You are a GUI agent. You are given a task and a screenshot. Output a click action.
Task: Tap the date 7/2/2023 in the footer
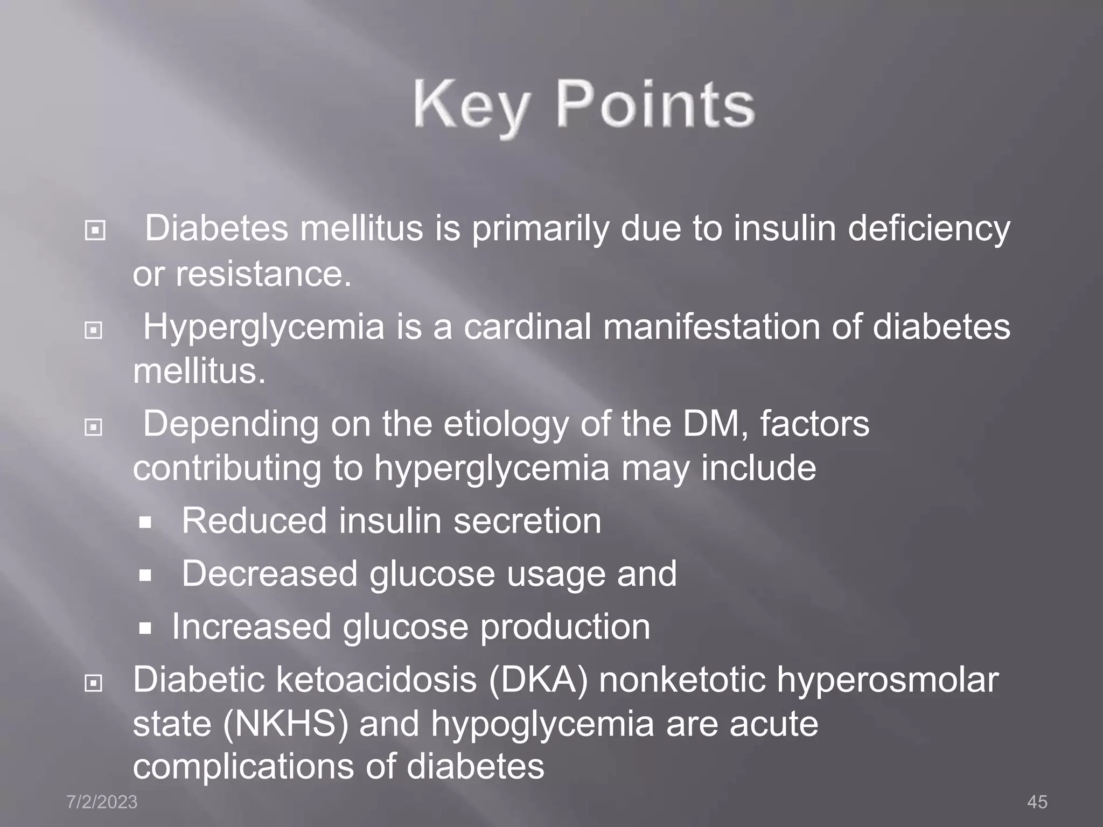(102, 802)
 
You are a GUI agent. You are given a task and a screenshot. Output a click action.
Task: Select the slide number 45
(1037, 802)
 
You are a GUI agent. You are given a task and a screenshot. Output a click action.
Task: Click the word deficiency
(929, 228)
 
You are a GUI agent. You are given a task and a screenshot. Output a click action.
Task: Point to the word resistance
(264, 274)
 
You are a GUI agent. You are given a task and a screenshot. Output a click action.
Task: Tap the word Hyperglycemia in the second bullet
(264, 327)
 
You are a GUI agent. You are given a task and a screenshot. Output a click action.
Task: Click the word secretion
(527, 521)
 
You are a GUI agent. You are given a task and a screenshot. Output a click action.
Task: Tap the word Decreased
(269, 573)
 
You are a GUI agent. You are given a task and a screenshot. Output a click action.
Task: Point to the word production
(565, 627)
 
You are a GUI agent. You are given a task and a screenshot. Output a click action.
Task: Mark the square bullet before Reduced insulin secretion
(145, 522)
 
